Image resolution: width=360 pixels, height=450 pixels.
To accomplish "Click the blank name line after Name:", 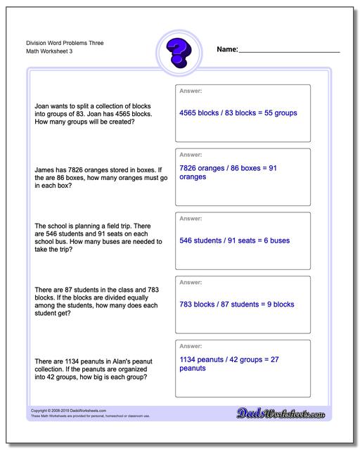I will [x=289, y=51].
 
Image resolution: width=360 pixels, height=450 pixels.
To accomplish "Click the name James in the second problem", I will [x=46, y=169].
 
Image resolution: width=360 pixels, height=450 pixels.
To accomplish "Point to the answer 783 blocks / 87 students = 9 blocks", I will [x=237, y=304].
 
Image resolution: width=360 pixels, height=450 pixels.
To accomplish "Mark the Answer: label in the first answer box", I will [x=191, y=91].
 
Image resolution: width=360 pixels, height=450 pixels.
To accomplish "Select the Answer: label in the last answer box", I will [x=191, y=347].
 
